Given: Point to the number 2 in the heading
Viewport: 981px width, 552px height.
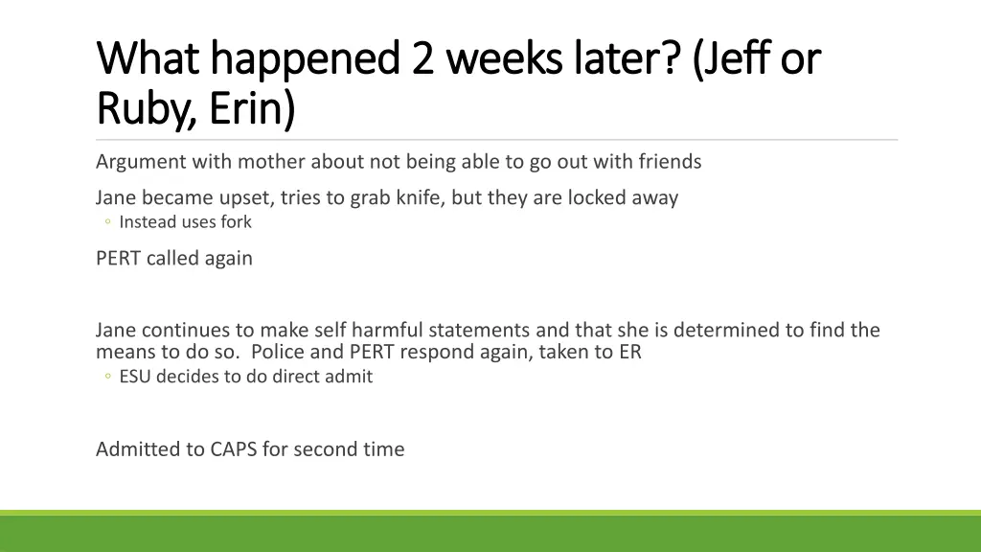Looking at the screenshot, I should [x=422, y=59].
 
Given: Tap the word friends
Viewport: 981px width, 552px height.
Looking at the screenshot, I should [x=667, y=162].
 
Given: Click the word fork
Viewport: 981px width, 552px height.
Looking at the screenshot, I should [x=236, y=222].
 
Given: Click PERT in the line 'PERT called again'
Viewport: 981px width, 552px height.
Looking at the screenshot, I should [x=119, y=258].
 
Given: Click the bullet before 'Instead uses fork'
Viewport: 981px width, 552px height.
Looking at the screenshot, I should [x=107, y=223].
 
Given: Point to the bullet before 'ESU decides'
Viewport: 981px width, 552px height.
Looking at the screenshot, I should [x=107, y=378].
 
